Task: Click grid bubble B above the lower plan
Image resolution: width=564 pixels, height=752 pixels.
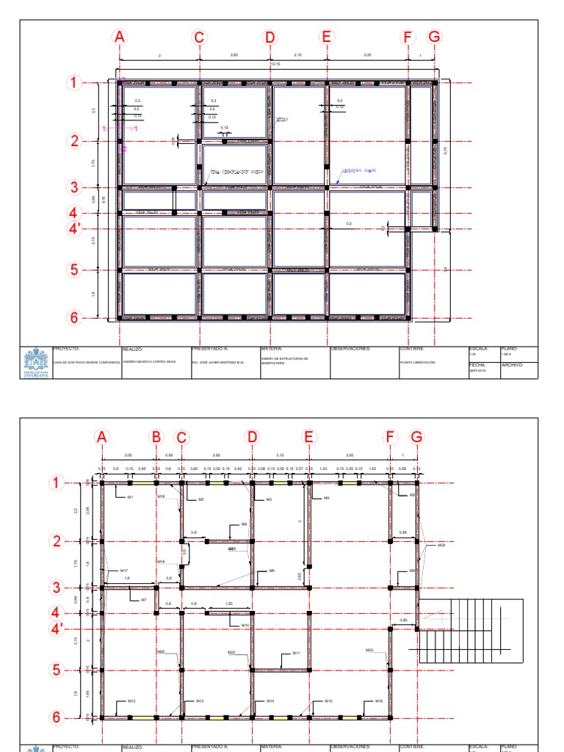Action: click(x=156, y=438)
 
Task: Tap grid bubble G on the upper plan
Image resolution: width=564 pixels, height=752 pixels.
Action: click(x=435, y=37)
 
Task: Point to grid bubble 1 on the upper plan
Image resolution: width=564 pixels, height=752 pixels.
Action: click(x=74, y=83)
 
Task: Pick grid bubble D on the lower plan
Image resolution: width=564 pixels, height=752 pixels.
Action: click(x=252, y=438)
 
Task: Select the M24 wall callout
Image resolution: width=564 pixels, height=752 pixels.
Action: click(x=441, y=546)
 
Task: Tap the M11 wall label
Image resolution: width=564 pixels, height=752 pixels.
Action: click(x=297, y=653)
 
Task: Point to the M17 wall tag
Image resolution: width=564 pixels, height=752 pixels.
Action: click(x=124, y=571)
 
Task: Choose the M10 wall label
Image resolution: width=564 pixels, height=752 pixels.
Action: click(x=246, y=625)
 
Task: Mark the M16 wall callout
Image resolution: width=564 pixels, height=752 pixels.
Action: click(x=379, y=701)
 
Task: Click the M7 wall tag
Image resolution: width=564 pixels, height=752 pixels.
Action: click(x=144, y=600)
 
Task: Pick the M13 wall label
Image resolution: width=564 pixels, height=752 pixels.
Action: click(x=200, y=701)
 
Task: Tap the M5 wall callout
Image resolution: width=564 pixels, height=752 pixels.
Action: click(x=413, y=495)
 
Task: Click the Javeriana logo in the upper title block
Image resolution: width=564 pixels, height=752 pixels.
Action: click(x=35, y=363)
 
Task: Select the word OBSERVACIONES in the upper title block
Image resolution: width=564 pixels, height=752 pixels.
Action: click(x=351, y=349)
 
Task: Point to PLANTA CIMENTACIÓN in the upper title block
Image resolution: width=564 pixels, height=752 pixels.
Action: click(x=417, y=363)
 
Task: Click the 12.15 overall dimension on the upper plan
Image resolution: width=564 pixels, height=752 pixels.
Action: click(x=275, y=65)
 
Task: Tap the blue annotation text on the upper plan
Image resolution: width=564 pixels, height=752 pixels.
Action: click(x=358, y=170)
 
